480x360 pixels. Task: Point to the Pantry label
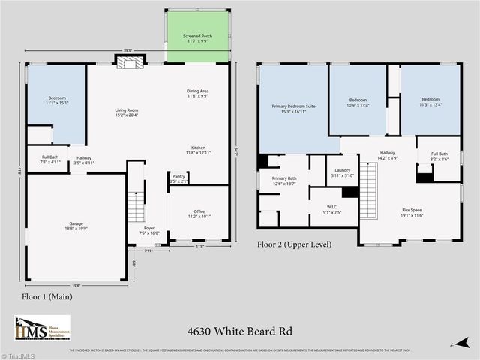coord(178,178)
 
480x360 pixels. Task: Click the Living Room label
coord(127,113)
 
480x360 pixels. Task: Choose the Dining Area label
coord(199,94)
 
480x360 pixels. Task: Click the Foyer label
coord(150,230)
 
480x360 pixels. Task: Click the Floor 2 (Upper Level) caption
coord(294,244)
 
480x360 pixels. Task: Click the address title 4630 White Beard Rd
coord(240,331)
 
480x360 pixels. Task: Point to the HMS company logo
coord(43,328)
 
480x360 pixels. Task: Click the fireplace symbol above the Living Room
coord(127,63)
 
